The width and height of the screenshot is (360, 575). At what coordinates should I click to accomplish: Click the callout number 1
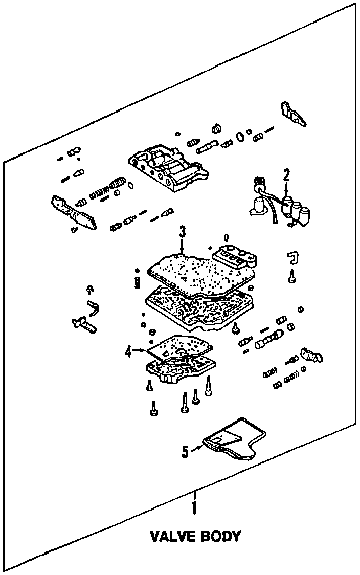194,508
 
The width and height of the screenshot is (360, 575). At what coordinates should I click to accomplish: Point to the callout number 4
128,351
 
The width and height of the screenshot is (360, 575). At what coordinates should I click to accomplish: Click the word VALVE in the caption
172,537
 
